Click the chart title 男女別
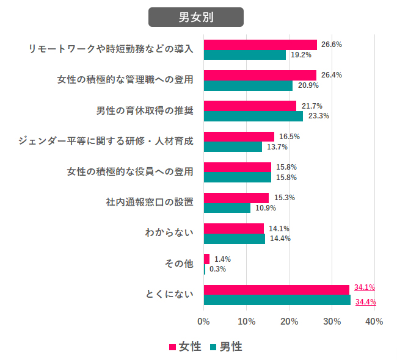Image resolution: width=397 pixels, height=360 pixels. tap(196, 17)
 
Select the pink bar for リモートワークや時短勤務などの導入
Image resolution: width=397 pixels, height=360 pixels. tap(260, 45)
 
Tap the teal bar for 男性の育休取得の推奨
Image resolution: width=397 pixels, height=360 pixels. tap(253, 116)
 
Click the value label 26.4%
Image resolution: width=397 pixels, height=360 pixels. tap(331, 75)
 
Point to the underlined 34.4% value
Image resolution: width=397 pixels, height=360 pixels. tap(365, 301)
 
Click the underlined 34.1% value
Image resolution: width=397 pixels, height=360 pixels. tap(364, 287)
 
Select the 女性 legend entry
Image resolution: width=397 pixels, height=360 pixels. tap(185, 347)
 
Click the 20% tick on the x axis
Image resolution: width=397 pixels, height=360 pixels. tap(289, 322)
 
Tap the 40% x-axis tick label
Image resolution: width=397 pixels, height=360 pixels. tap(374, 322)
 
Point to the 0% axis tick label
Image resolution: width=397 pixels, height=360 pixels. tap(203, 322)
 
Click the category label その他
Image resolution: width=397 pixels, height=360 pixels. tap(179, 264)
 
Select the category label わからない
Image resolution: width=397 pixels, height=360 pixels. tap(169, 233)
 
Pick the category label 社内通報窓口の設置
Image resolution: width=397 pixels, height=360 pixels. tap(150, 203)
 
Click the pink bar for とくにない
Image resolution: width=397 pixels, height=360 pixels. tap(276, 290)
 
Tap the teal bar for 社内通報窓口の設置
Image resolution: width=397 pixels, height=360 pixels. tap(227, 208)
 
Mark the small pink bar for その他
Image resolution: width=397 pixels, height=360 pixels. tap(206, 259)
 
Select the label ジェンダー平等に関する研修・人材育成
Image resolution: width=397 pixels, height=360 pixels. tap(106, 141)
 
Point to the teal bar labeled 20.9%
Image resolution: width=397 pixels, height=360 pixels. tap(248, 85)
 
